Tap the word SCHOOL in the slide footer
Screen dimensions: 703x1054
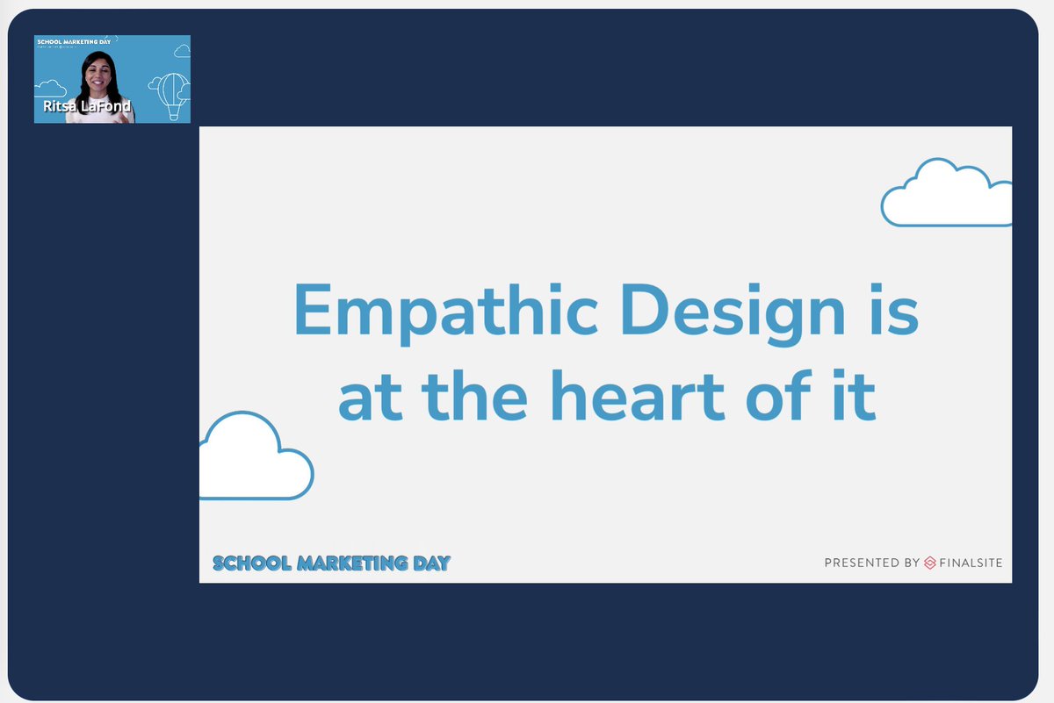point(251,563)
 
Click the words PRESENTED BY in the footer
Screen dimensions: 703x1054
point(871,563)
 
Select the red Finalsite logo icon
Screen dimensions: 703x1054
point(930,563)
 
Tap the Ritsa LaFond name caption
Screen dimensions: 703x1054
point(87,106)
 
